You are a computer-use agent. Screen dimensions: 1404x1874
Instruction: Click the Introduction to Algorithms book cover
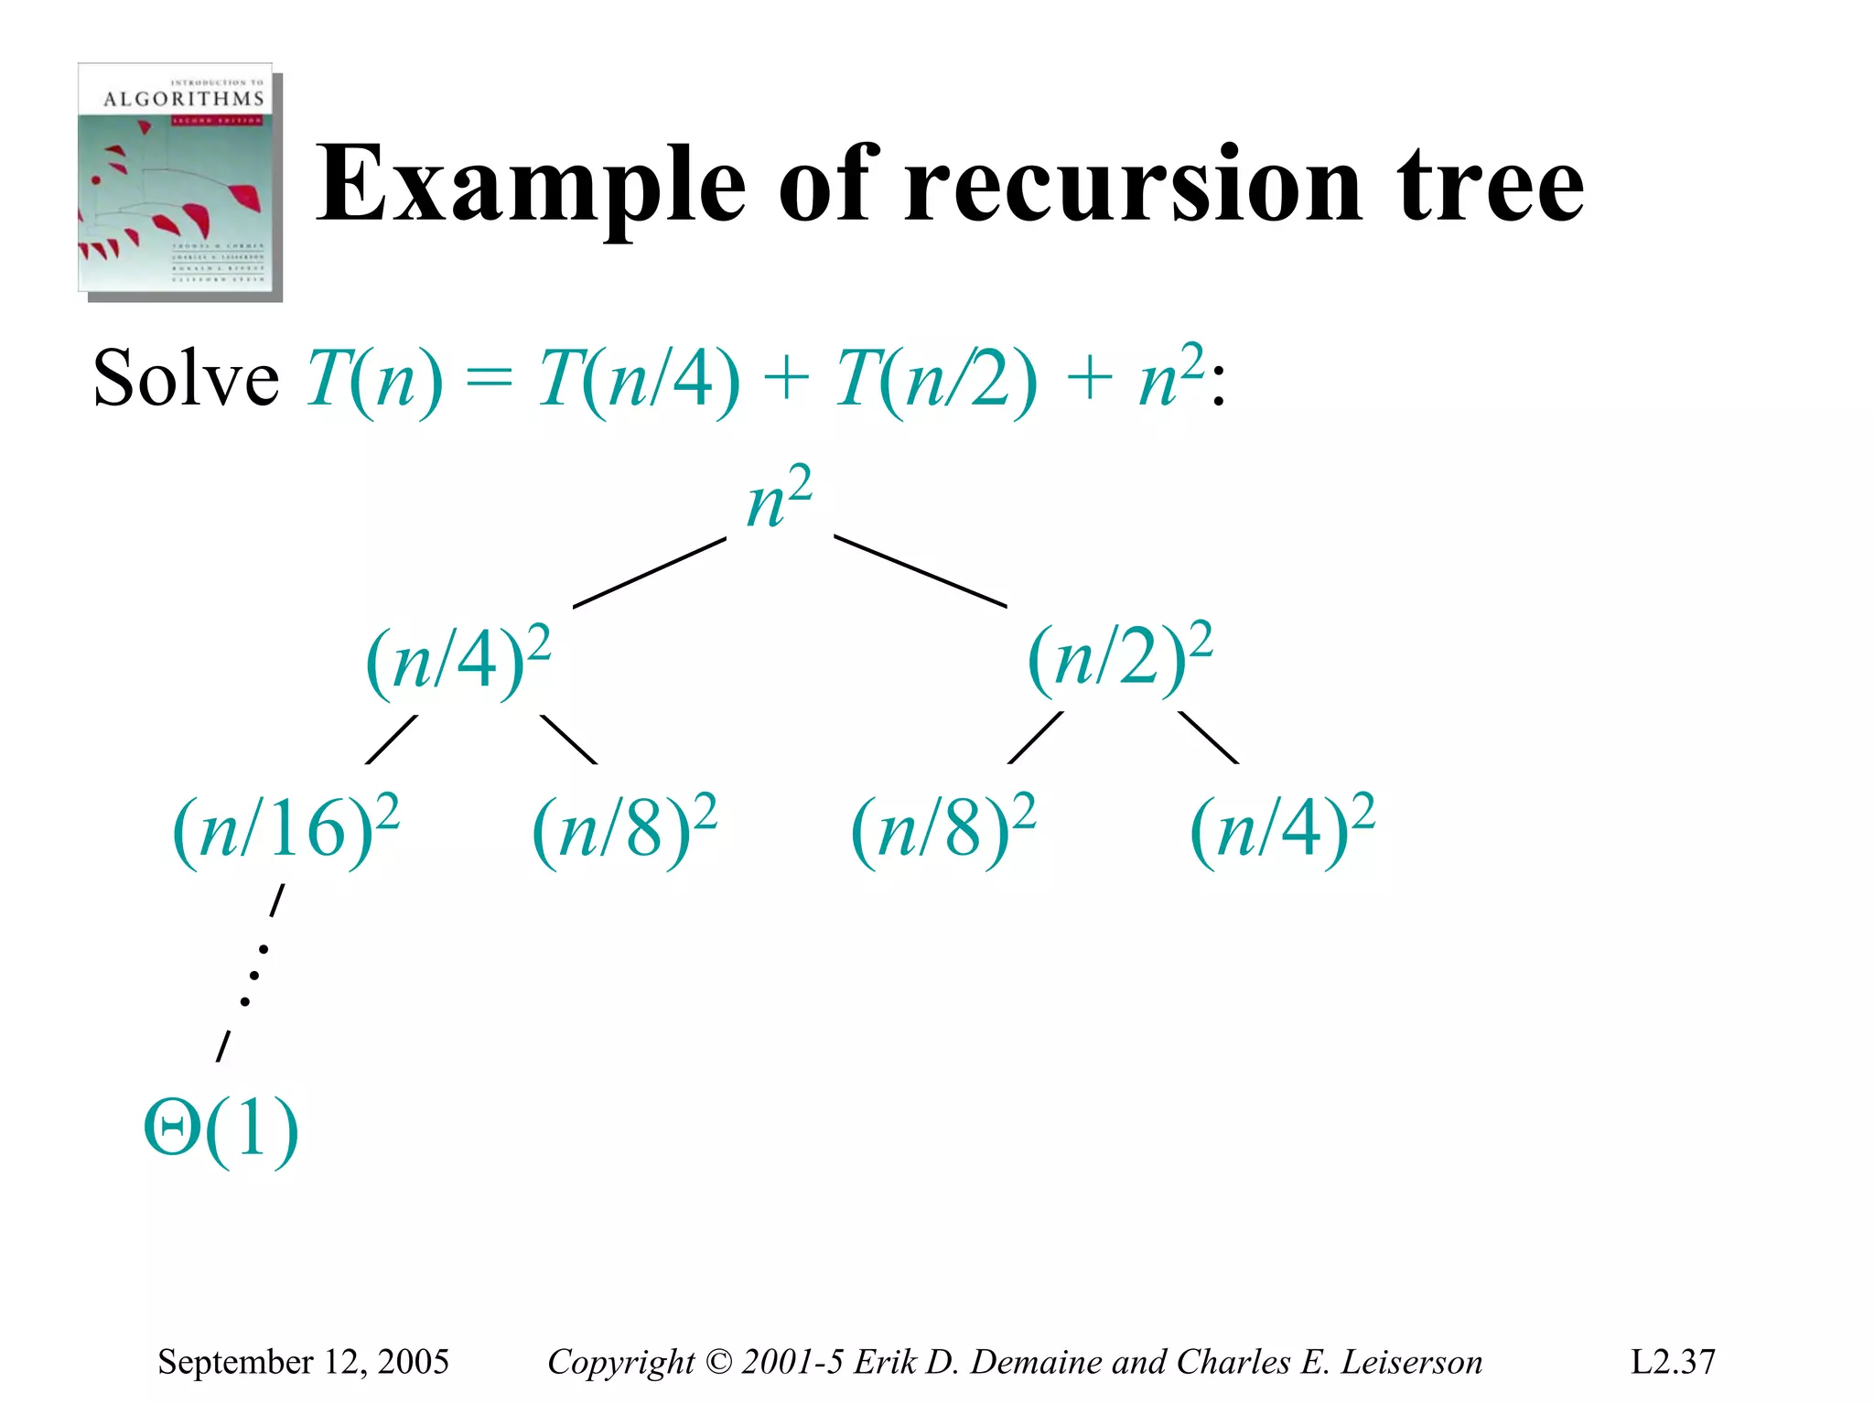coord(179,180)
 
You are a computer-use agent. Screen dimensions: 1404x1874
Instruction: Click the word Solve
coord(186,380)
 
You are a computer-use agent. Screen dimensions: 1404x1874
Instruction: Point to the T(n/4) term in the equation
coord(639,380)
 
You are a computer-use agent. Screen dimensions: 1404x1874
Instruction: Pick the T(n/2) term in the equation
coord(936,380)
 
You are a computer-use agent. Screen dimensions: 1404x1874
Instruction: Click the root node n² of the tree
coord(779,499)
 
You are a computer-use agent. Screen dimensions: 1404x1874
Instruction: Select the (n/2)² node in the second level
coord(1120,657)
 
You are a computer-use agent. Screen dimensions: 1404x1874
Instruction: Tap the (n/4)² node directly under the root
coord(458,661)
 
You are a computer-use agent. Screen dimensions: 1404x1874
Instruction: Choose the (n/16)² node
coord(285,829)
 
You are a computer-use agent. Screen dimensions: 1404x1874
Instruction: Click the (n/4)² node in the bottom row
coord(1282,829)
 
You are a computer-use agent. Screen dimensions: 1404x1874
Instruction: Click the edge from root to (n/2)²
coord(920,571)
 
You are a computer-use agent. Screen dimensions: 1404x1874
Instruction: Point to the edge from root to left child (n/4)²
coord(650,573)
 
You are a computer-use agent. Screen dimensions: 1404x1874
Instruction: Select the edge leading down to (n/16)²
coord(391,740)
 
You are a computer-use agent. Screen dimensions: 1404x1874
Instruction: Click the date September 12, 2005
coord(303,1362)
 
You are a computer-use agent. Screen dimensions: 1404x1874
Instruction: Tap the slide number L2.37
coord(1673,1362)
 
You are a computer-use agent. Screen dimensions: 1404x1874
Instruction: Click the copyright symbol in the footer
coord(719,1362)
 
